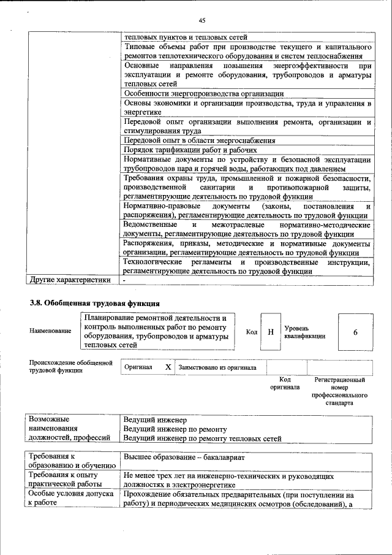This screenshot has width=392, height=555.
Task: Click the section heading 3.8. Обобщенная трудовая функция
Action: point(95,303)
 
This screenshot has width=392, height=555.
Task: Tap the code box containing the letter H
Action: point(270,332)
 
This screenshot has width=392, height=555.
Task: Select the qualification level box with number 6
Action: point(355,332)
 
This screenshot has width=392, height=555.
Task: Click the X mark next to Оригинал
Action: point(168,367)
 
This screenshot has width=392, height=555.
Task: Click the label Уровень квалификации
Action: point(304,332)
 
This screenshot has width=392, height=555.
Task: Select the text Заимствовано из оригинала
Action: point(217,367)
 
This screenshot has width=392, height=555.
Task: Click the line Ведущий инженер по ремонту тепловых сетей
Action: point(202,438)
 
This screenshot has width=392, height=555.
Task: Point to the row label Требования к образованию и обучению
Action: point(68,462)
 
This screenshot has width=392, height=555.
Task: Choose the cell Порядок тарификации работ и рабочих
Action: point(190,150)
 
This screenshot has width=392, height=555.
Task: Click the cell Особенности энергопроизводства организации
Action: point(203,93)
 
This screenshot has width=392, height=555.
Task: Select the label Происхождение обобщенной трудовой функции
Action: point(71,367)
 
